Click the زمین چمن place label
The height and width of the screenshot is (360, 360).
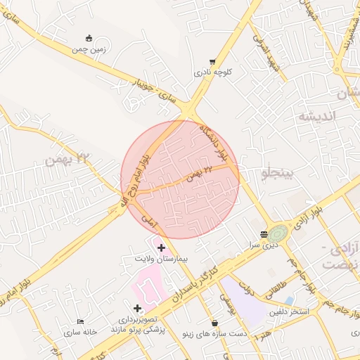89,50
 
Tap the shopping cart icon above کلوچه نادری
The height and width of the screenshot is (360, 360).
213,62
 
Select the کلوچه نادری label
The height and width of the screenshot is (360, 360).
213,73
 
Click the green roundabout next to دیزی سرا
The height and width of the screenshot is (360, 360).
278,232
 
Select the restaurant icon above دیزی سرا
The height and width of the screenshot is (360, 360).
263,234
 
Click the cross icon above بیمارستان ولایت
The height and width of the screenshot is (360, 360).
162,247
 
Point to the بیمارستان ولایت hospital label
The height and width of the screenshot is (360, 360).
162,259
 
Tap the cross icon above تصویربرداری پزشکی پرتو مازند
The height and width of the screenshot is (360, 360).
137,308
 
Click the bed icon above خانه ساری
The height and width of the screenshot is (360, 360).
79,321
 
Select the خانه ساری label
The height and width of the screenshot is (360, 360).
79,332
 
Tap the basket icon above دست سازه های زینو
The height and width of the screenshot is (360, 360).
214,323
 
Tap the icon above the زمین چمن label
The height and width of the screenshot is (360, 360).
89,39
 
